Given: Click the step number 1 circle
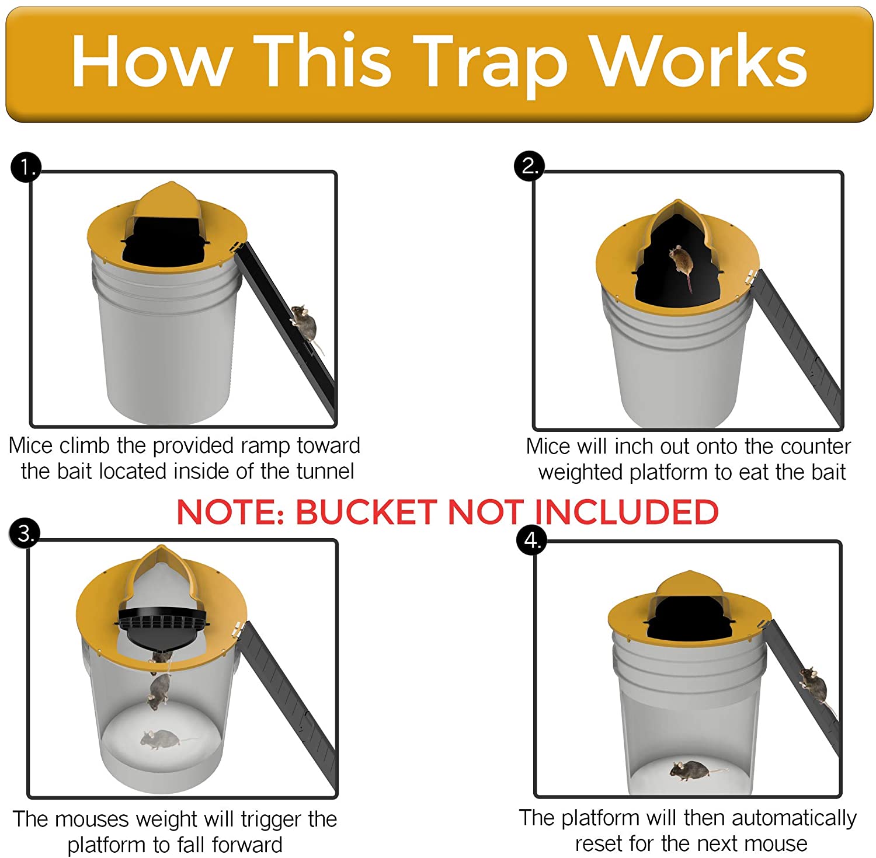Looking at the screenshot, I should pos(26,168).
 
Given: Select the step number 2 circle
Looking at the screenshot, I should pos(529,166).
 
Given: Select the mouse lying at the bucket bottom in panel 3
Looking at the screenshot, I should pos(161,740).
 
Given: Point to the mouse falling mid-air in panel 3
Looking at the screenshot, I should pos(158,690).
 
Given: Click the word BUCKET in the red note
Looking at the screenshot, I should pos(366,512).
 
